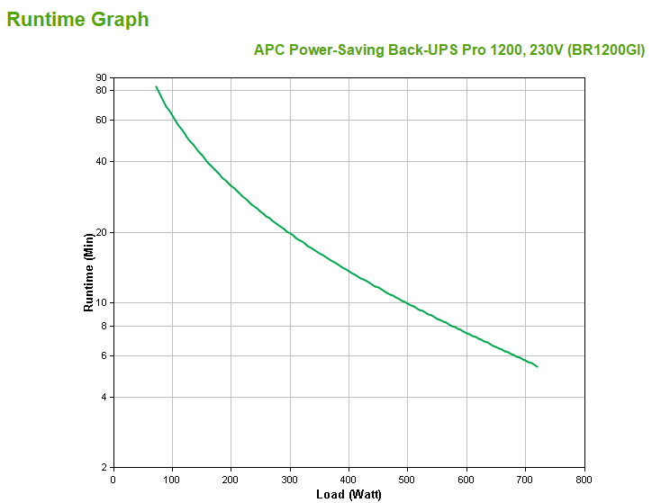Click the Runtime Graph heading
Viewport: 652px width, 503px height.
(x=77, y=19)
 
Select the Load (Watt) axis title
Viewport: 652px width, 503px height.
(x=349, y=494)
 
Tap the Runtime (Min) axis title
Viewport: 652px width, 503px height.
(x=88, y=272)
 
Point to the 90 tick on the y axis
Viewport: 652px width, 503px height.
(x=101, y=77)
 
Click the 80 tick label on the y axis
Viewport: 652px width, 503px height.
(x=101, y=90)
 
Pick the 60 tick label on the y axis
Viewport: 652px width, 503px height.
(x=101, y=120)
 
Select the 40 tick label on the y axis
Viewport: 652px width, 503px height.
(x=101, y=161)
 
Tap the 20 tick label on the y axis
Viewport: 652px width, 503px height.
(x=101, y=232)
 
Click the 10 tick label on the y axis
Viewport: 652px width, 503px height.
(x=101, y=302)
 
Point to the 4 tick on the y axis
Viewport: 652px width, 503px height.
(x=104, y=397)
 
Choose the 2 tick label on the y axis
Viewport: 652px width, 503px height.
(x=104, y=468)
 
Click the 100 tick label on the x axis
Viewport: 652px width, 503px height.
(x=171, y=479)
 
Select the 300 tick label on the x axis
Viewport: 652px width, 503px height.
(x=290, y=479)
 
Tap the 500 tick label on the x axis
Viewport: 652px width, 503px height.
(x=408, y=479)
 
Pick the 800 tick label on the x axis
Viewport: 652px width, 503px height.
(x=584, y=479)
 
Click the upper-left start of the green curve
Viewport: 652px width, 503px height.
(x=156, y=87)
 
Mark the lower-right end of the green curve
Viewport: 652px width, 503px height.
(x=537, y=366)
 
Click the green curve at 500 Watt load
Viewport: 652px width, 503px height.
(x=408, y=303)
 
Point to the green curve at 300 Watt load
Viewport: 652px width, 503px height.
(x=290, y=232)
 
